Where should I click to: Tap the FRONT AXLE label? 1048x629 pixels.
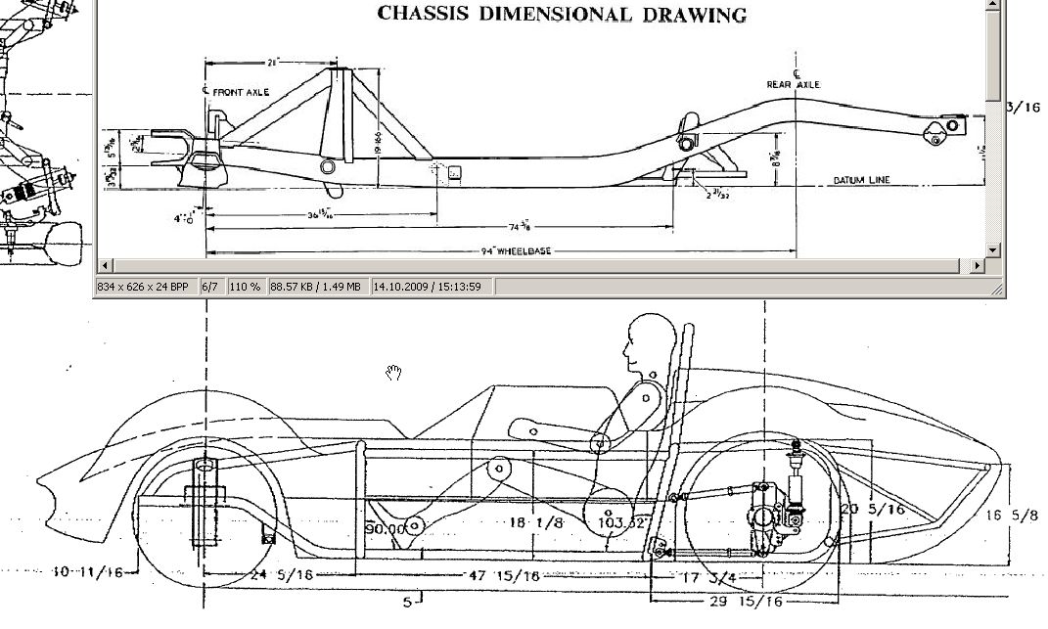(241, 92)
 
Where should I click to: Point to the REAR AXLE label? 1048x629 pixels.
(793, 85)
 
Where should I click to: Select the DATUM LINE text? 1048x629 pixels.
(861, 181)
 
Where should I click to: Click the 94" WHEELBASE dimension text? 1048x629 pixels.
(516, 251)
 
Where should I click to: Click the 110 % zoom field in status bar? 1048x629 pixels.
(245, 287)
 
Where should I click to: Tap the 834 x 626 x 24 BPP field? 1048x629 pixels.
(144, 287)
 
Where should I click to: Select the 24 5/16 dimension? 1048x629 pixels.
(282, 575)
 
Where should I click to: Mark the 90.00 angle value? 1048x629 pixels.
(385, 529)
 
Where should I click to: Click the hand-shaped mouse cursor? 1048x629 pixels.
(394, 372)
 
